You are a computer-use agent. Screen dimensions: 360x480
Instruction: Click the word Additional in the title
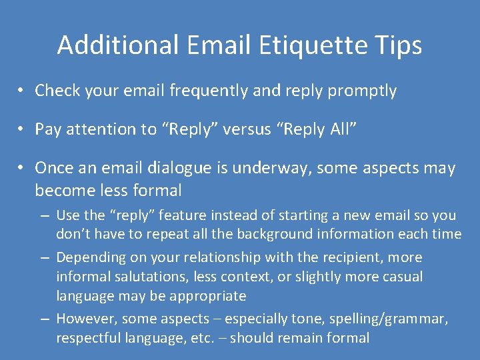click(117, 45)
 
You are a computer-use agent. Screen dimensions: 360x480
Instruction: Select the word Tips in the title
click(397, 45)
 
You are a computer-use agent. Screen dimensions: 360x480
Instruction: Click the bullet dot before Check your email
click(22, 91)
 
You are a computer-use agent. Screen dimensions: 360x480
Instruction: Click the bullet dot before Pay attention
click(22, 130)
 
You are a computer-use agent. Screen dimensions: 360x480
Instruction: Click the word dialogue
click(185, 168)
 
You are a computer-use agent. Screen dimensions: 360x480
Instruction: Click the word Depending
click(89, 257)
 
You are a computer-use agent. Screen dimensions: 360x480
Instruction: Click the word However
click(85, 319)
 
